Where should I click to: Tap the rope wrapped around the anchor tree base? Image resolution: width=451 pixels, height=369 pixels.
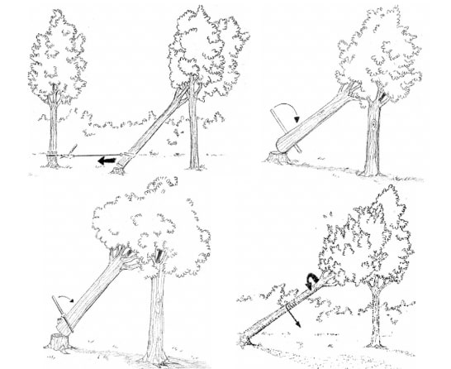(x=52, y=154)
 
